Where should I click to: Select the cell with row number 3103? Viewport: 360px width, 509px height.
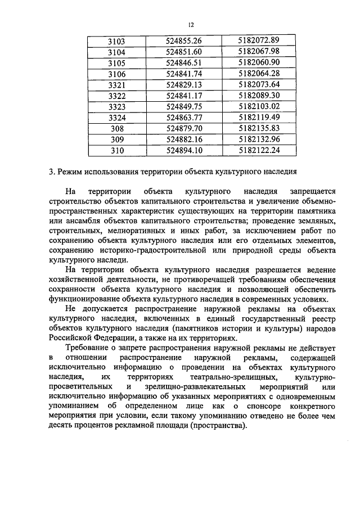116,41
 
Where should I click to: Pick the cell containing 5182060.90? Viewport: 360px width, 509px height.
259,62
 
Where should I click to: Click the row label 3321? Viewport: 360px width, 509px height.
116,84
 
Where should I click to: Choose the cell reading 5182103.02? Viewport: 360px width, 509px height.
259,106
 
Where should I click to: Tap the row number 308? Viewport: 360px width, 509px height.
116,128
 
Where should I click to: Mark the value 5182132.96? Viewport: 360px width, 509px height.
259,139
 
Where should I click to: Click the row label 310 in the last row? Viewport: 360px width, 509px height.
116,150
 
